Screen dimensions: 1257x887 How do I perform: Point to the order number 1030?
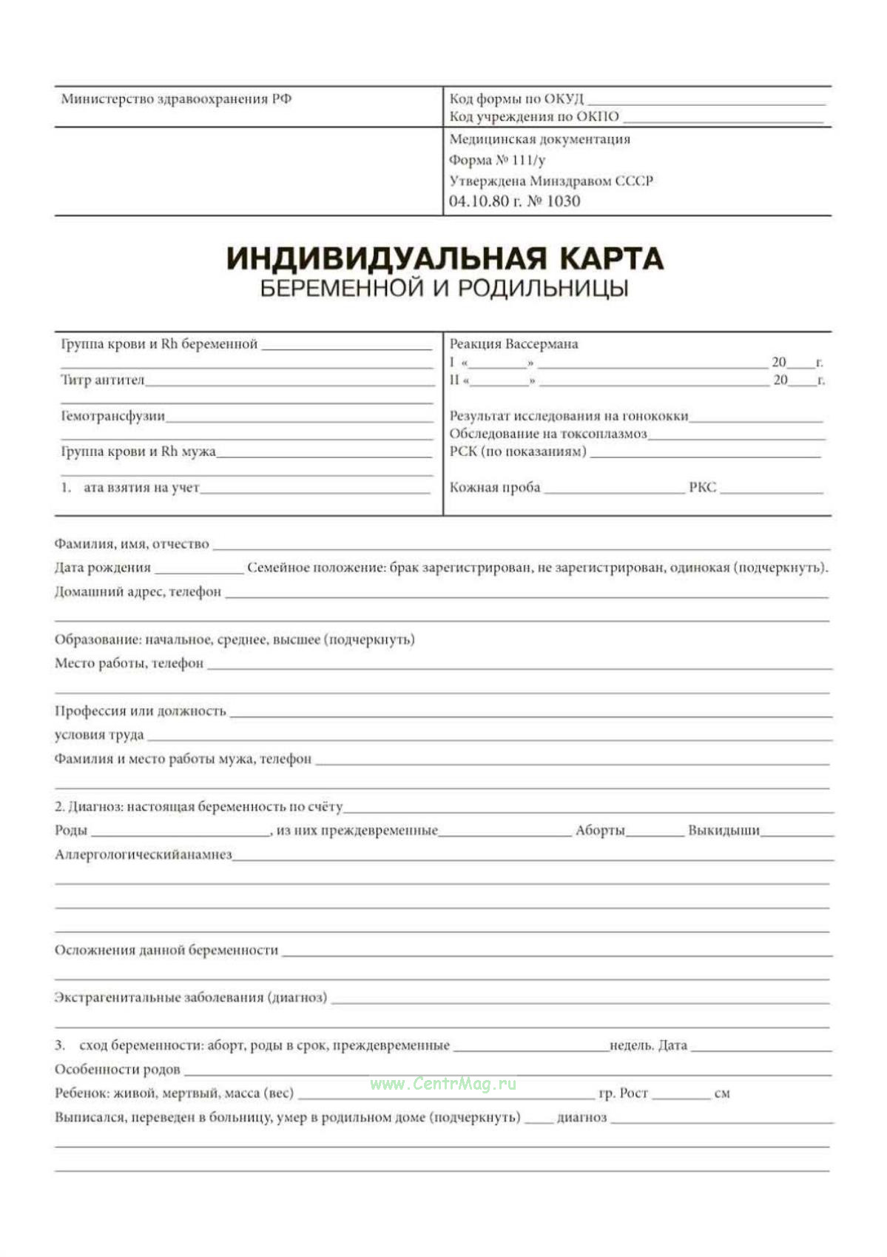563,201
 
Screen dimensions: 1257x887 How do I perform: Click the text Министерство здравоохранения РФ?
176,99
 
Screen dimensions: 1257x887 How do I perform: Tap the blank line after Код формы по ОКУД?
706,101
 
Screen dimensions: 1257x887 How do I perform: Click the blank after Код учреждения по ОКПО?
723,118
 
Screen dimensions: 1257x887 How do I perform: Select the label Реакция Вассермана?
513,344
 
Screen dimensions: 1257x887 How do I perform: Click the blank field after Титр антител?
289,382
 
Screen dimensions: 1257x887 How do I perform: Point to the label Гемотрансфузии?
112,416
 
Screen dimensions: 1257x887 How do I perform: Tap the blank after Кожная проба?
614,489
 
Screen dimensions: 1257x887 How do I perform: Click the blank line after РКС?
771,489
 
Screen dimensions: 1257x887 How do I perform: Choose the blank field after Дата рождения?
199,570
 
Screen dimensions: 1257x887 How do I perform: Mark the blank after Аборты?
655,833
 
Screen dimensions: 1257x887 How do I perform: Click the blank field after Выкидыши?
797,833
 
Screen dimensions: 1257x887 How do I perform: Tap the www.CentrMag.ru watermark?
443,1085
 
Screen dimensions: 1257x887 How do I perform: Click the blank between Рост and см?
681,1096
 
